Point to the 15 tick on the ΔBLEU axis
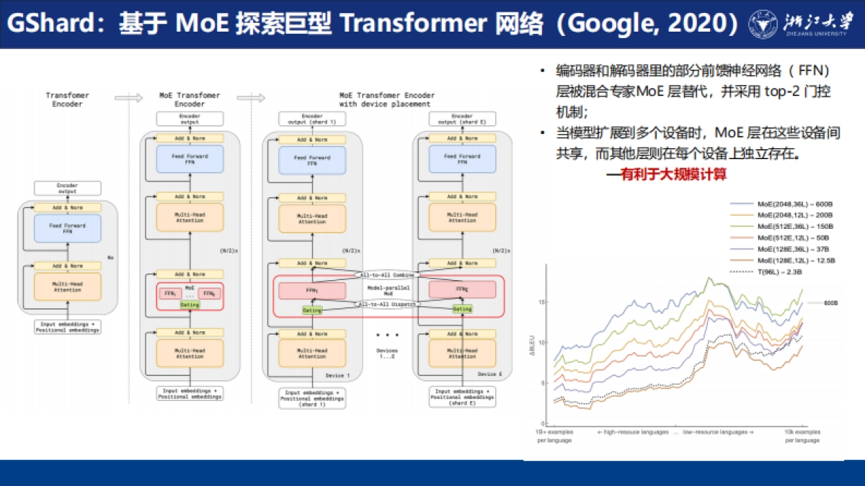(541, 302)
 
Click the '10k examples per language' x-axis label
(802, 436)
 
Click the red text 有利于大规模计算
(673, 174)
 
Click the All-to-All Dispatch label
(387, 304)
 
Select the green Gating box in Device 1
(312, 309)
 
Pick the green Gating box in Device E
(462, 309)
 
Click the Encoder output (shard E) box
(461, 119)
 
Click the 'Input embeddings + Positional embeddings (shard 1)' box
(313, 398)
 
